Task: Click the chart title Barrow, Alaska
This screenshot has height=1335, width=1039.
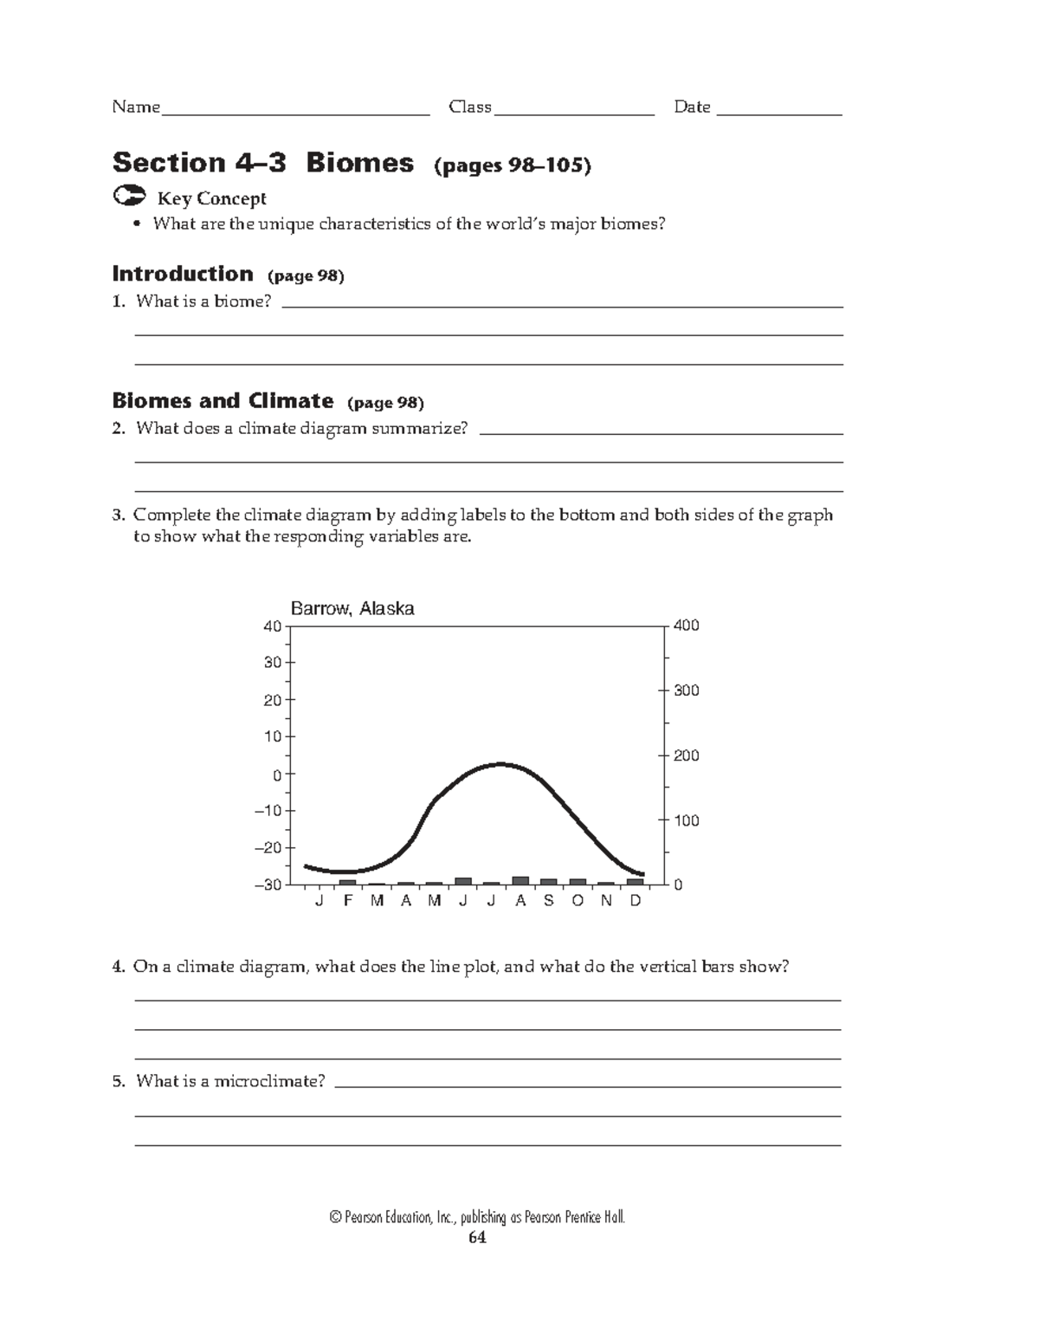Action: point(352,609)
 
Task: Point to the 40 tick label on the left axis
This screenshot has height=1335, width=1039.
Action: point(272,626)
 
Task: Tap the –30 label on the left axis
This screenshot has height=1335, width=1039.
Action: point(268,885)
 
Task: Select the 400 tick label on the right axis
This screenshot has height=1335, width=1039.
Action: point(687,625)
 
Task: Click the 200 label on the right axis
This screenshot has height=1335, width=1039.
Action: point(687,755)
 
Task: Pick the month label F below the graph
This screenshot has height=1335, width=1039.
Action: point(348,901)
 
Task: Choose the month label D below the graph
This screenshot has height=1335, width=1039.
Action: point(636,901)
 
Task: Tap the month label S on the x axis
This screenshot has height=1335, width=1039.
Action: point(549,901)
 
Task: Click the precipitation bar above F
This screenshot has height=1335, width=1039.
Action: point(348,882)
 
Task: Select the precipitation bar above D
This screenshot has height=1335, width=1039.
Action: point(636,882)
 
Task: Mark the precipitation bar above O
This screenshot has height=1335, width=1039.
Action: point(578,882)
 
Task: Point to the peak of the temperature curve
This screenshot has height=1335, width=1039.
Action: point(500,764)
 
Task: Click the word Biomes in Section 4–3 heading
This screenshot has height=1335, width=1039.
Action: point(359,163)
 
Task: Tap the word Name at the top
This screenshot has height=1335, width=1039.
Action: point(136,107)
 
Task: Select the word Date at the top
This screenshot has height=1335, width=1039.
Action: point(692,107)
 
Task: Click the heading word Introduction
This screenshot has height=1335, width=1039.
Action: point(183,274)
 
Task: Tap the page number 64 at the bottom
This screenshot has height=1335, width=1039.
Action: point(477,1238)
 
